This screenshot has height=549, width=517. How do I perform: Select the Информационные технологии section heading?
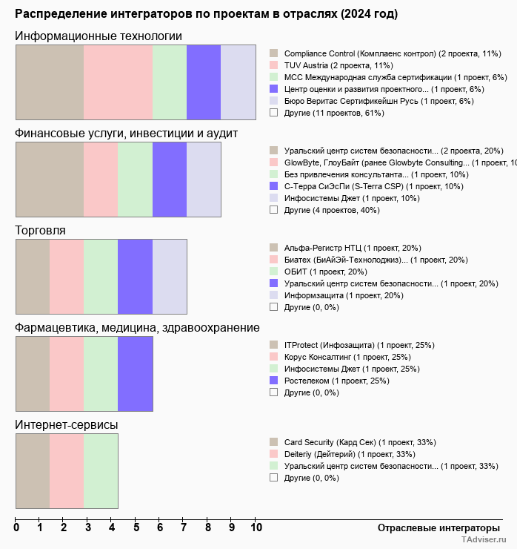click(99, 36)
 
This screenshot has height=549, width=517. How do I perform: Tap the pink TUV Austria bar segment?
click(118, 82)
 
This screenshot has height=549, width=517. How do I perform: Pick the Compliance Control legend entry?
click(393, 53)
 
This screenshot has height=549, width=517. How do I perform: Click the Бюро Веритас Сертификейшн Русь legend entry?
click(378, 101)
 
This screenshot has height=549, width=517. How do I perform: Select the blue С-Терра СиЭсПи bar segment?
click(169, 179)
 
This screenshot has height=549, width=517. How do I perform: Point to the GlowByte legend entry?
click(396, 162)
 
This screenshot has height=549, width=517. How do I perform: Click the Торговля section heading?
click(41, 231)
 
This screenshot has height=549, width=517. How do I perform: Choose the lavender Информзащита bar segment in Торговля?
click(169, 277)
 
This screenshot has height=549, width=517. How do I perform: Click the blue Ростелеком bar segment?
click(135, 373)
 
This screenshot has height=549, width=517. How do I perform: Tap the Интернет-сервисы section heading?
click(67, 424)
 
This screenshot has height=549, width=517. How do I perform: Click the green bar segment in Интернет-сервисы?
click(101, 471)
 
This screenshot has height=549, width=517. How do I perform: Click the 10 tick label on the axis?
click(256, 528)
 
